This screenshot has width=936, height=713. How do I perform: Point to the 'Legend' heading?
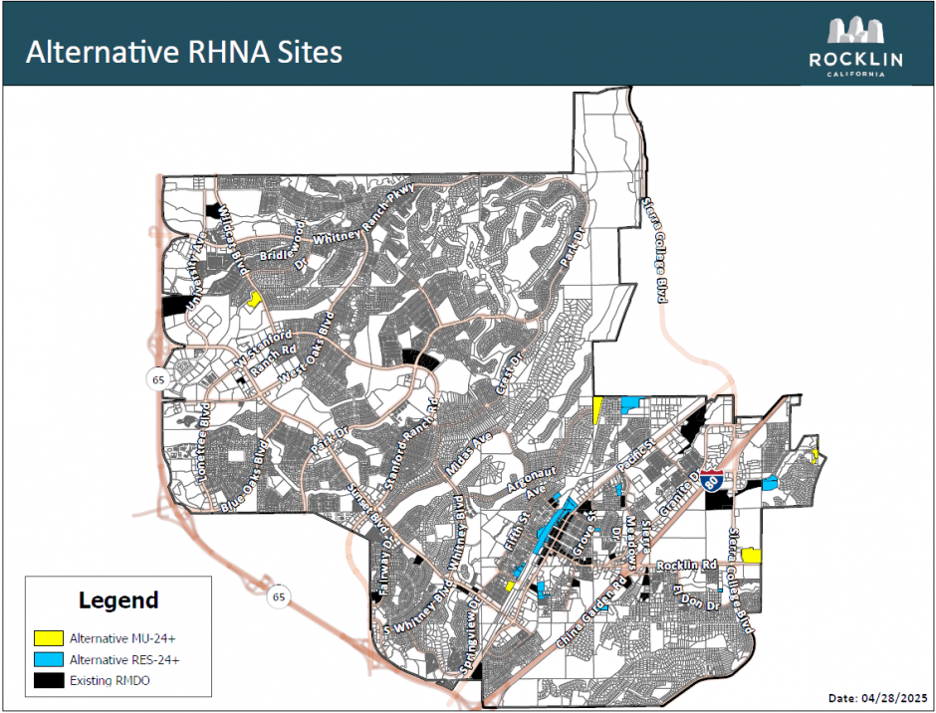point(118,600)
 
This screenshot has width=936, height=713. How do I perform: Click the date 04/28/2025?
point(877,697)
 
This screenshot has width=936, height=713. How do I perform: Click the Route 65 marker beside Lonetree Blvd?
point(157,378)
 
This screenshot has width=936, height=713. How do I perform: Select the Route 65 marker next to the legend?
point(279,597)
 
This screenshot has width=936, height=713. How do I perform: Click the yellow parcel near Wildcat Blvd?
point(255,298)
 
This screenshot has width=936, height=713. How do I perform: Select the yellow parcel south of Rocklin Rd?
point(752,555)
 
